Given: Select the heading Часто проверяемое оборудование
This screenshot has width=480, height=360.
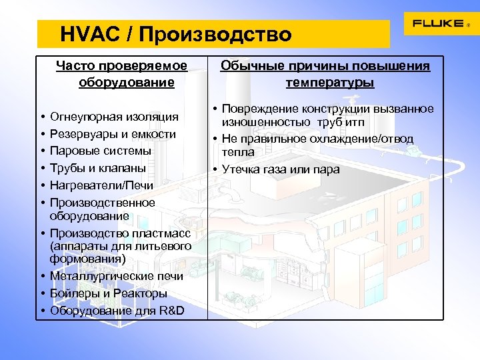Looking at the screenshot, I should [x=122, y=74].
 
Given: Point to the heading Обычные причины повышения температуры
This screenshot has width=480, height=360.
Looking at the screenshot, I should [x=325, y=74].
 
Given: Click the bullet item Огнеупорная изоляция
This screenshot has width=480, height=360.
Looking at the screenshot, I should [x=114, y=117].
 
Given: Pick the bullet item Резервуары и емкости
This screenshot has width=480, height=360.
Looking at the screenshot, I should [x=113, y=134].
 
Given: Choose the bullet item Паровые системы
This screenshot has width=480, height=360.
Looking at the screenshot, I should [x=101, y=151].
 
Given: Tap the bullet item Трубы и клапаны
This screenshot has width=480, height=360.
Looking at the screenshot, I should [x=98, y=168].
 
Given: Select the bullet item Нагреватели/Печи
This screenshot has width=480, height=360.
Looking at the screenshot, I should [x=102, y=185].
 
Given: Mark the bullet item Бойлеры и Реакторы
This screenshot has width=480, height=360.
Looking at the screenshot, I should [x=109, y=293].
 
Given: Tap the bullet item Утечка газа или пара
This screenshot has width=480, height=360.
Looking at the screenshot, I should [x=281, y=169].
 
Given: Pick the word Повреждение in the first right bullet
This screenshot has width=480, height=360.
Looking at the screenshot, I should [x=256, y=109].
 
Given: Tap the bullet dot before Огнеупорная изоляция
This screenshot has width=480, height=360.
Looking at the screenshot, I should [x=41, y=118].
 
